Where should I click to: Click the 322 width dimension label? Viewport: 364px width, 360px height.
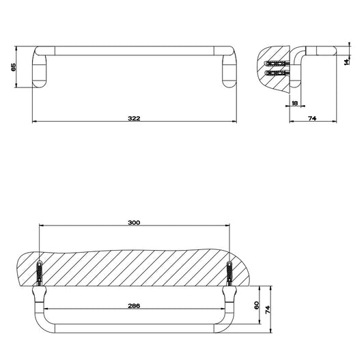(134, 118)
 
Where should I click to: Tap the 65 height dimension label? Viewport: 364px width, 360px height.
(14, 67)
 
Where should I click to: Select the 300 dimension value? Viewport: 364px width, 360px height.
(134, 223)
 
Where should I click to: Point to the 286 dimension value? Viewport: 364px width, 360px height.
(134, 305)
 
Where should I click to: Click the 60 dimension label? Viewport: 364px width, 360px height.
(257, 305)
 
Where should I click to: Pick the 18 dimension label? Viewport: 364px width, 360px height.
(294, 103)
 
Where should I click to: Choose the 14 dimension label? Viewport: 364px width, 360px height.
(346, 61)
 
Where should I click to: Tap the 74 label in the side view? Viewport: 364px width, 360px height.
(312, 118)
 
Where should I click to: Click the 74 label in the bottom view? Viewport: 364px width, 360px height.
(268, 310)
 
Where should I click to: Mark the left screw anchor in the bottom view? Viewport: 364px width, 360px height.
(40, 273)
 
